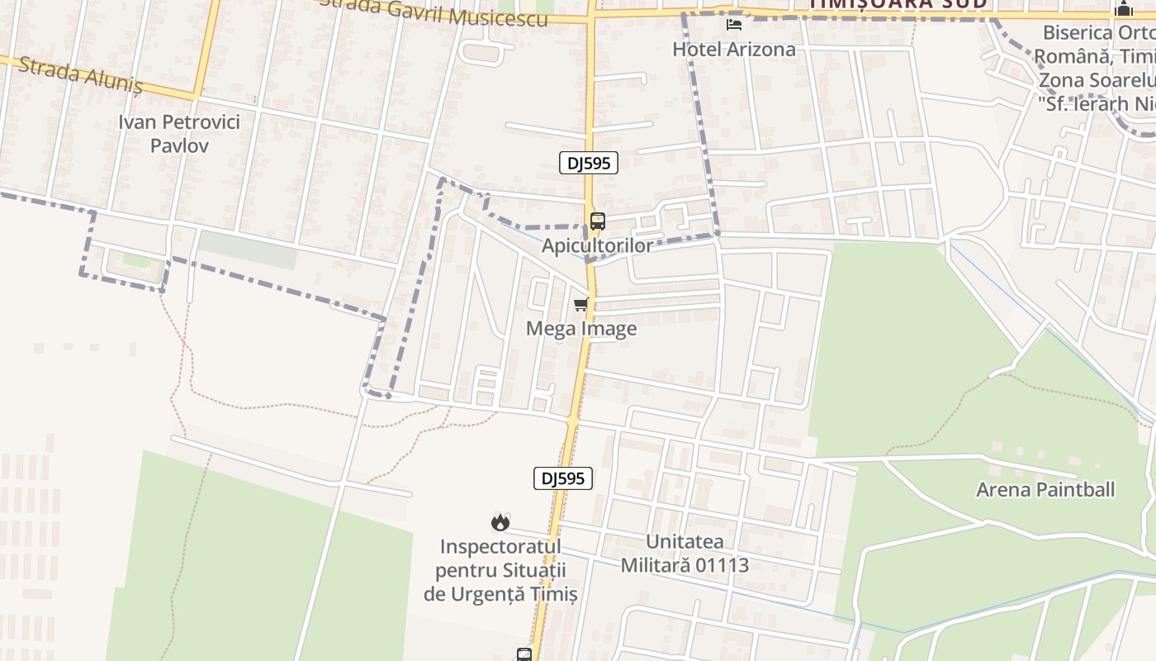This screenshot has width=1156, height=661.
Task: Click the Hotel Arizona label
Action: [x=734, y=49]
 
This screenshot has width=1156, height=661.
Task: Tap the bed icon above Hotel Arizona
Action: [x=733, y=25]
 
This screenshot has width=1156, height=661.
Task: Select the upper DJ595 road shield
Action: [x=589, y=163]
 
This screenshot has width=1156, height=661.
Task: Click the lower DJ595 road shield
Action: [x=563, y=478]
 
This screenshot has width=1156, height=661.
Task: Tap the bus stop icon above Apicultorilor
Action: [x=597, y=221]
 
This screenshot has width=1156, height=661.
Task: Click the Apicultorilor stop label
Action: [x=597, y=245]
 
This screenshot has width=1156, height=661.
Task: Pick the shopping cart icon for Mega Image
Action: [x=581, y=305]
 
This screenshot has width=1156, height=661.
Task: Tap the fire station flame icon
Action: [x=500, y=522]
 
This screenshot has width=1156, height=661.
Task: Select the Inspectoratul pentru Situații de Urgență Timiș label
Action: [x=500, y=570]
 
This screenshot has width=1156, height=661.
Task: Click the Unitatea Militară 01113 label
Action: [x=685, y=554]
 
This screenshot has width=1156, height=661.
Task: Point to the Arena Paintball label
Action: [x=1045, y=489]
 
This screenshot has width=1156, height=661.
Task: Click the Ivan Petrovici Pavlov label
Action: [x=179, y=134]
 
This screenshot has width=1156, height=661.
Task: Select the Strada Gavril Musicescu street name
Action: [x=438, y=12]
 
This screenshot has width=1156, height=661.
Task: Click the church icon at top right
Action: [x=1123, y=9]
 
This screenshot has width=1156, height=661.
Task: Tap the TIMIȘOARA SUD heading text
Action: [x=898, y=3]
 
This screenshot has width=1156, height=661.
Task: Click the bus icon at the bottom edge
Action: [x=524, y=654]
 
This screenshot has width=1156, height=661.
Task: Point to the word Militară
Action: [x=657, y=565]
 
